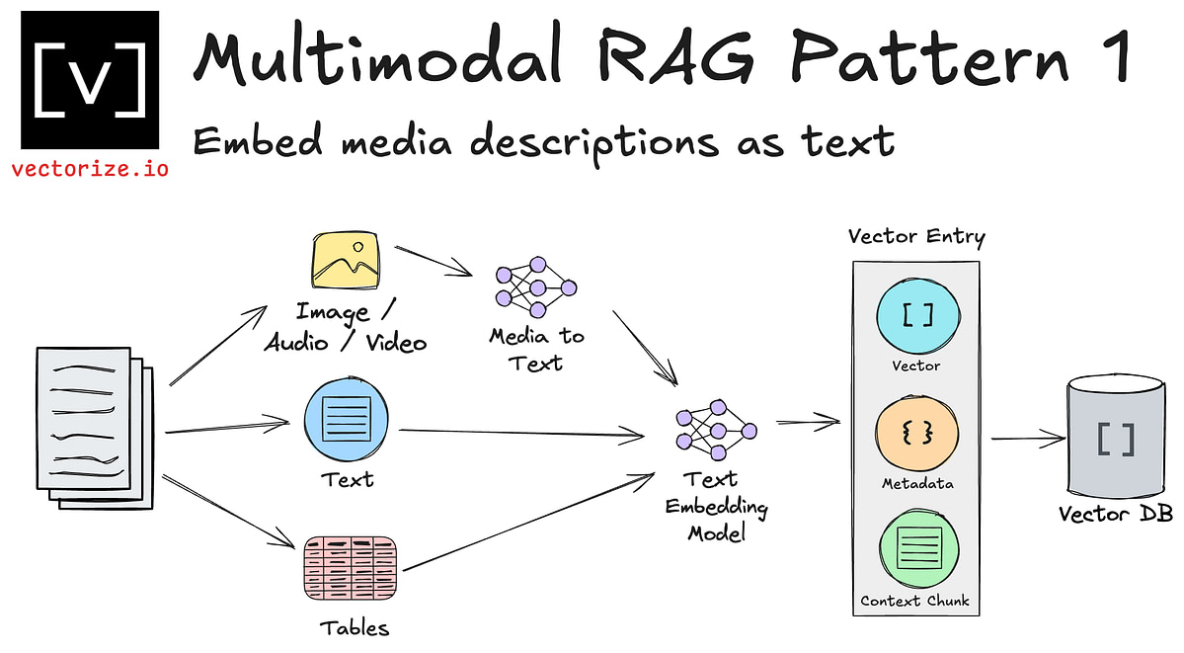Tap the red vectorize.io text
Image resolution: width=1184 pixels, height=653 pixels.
(x=90, y=168)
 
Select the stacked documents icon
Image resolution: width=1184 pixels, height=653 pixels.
(x=95, y=427)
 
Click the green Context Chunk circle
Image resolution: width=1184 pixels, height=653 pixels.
(x=917, y=549)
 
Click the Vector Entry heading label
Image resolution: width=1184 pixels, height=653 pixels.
(x=915, y=237)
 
